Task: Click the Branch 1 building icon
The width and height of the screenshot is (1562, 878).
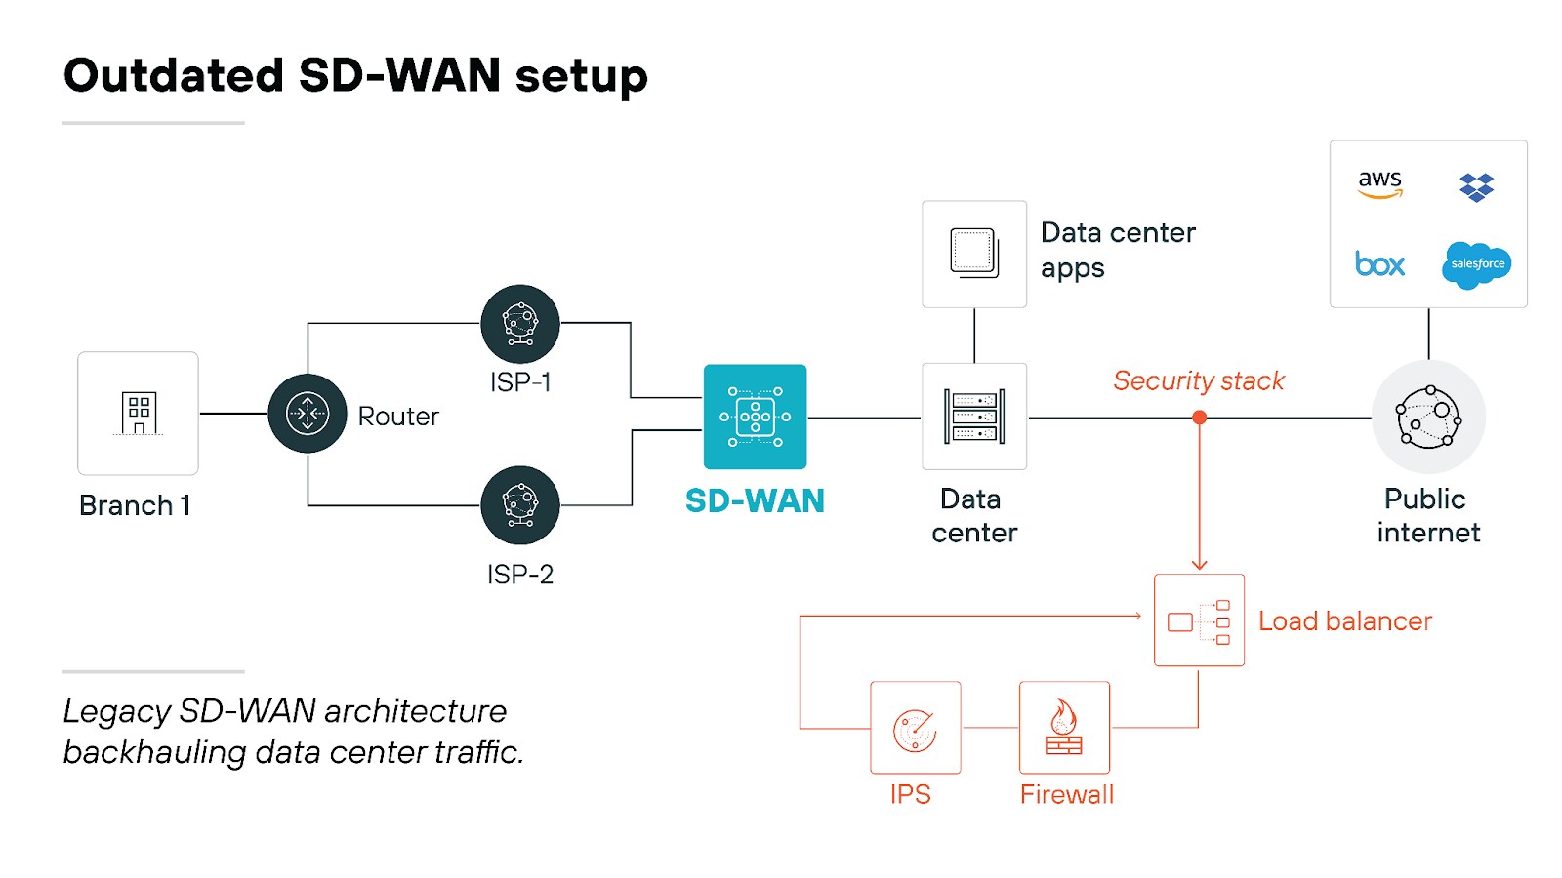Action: (x=138, y=414)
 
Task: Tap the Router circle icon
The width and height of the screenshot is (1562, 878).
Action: (x=308, y=414)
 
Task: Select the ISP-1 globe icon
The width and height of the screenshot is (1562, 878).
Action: (x=520, y=324)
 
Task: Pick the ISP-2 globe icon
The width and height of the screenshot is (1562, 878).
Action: (x=520, y=505)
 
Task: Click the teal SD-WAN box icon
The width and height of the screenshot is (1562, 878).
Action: (x=755, y=417)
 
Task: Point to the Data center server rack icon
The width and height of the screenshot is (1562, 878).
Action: (x=973, y=417)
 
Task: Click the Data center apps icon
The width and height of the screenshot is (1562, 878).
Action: (x=973, y=254)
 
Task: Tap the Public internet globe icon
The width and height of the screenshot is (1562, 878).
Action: (x=1428, y=417)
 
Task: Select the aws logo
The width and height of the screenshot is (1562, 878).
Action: (x=1379, y=183)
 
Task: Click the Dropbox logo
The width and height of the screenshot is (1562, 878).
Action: (x=1476, y=186)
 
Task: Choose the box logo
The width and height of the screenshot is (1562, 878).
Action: (x=1379, y=264)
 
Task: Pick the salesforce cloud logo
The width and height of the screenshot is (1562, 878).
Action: (x=1476, y=264)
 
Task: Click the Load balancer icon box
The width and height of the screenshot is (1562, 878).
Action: (x=1199, y=620)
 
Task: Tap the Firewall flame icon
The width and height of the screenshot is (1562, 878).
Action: (x=1064, y=728)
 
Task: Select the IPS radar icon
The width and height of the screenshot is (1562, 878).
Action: (x=915, y=729)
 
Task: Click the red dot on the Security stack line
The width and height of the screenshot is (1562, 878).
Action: (x=1200, y=418)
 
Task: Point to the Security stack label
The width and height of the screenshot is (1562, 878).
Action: (x=1199, y=380)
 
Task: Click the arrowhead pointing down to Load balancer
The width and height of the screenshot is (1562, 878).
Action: (x=1200, y=564)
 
